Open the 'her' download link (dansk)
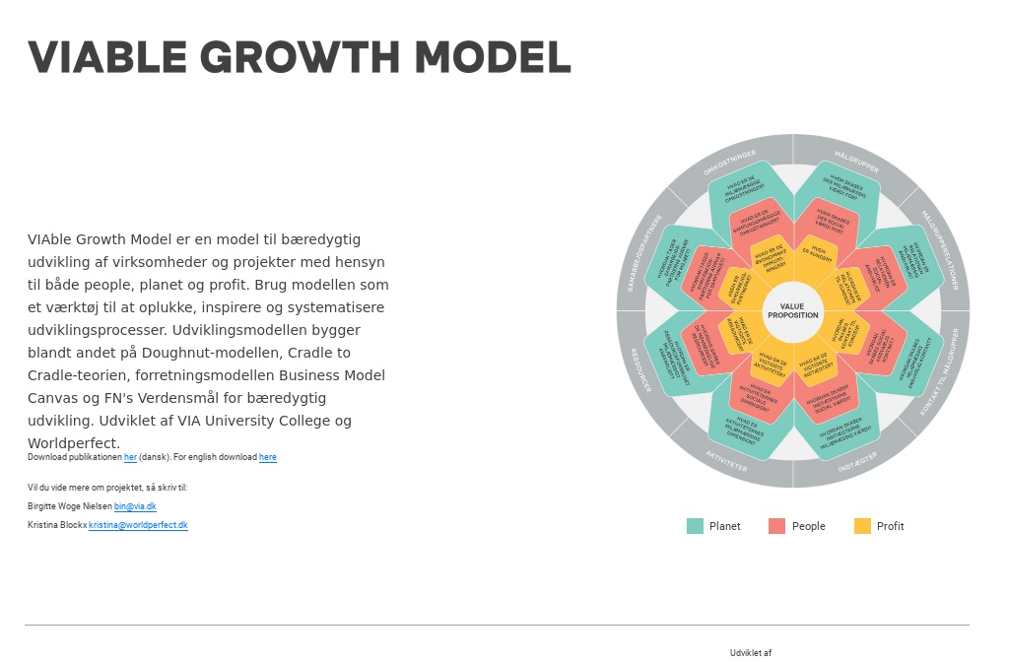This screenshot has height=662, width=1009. point(130,457)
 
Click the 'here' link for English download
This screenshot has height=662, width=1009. point(268,457)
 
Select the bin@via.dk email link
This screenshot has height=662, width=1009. point(135,506)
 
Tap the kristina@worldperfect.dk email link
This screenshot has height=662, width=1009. point(138,525)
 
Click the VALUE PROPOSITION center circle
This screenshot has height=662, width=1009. point(793,311)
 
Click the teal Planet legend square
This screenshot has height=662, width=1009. point(695,526)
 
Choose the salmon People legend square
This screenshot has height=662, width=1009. point(776,526)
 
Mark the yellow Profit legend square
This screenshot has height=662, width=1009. point(862,526)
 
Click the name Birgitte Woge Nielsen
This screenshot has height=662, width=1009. point(70,506)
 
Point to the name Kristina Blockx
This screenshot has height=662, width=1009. point(57,525)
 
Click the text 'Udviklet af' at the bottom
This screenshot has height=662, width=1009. point(751,653)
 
